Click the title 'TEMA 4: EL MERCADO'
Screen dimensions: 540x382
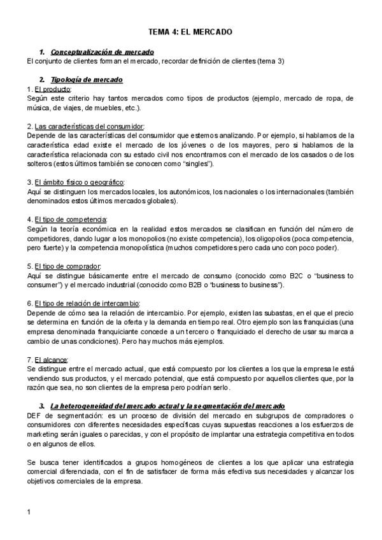[190, 31]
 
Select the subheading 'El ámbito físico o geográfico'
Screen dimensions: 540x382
[79, 182]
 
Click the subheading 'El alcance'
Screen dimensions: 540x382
[55, 359]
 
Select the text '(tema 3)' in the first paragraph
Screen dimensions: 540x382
[271, 61]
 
